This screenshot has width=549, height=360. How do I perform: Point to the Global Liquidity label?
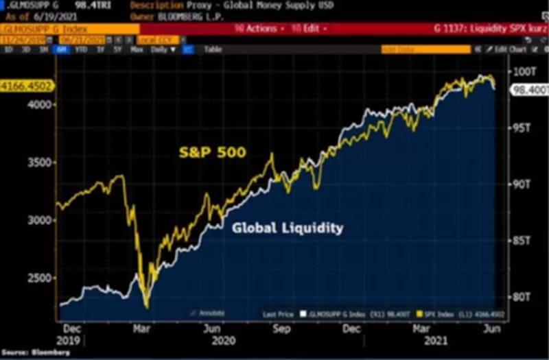click(288, 228)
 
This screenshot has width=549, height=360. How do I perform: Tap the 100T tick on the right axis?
click(525, 71)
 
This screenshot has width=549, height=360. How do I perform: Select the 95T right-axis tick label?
click(523, 128)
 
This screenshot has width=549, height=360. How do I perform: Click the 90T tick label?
click(523, 184)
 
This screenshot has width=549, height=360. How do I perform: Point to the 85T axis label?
click(523, 241)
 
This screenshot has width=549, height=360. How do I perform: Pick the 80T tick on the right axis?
click(523, 297)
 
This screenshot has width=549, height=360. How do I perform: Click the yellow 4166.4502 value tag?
click(27, 86)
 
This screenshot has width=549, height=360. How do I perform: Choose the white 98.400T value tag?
click(528, 90)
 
